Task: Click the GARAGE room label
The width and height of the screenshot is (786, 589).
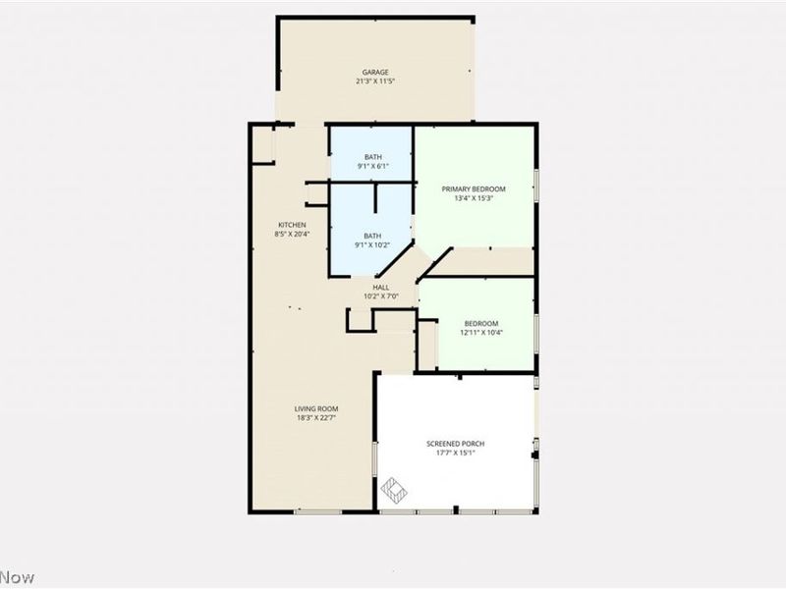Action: (375, 72)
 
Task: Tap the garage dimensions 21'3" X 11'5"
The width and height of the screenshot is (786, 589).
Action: (375, 81)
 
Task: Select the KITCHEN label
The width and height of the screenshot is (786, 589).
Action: (292, 225)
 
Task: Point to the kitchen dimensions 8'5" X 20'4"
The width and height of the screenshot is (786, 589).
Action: (292, 235)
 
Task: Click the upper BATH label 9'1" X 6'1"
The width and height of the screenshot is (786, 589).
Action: (373, 157)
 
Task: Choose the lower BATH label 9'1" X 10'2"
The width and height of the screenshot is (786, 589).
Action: (373, 236)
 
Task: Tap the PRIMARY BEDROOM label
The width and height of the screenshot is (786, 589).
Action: (474, 188)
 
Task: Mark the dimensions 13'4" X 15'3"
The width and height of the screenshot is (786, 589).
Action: (474, 198)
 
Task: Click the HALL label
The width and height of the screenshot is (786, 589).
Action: (380, 287)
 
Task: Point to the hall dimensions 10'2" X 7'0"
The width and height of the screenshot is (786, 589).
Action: (380, 295)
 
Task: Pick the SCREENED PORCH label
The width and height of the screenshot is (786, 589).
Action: (455, 444)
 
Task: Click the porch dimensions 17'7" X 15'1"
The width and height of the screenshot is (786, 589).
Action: (455, 454)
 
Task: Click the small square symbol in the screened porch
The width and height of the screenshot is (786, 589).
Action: (394, 487)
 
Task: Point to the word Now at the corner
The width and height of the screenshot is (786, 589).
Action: (17, 577)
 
